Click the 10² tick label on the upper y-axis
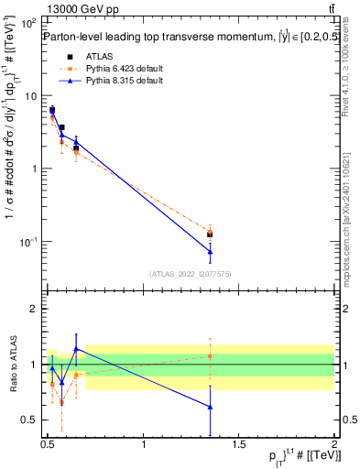pos(29,22)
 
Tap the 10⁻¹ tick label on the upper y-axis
pos(29,242)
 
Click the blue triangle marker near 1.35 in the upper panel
pos(211,251)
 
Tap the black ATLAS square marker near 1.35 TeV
pos(211,234)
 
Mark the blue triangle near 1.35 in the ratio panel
pos(211,407)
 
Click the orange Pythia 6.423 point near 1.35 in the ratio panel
pos(211,355)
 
